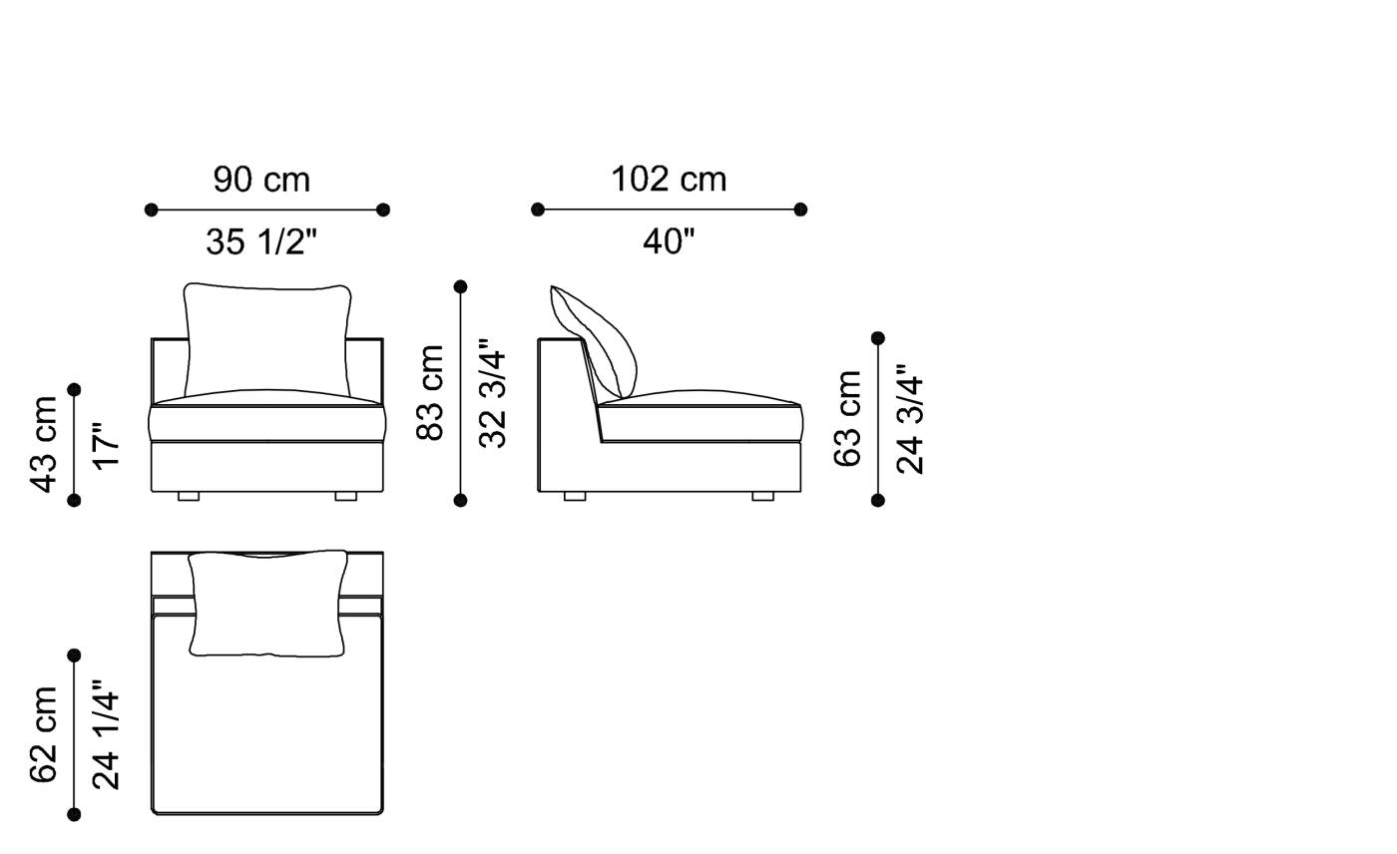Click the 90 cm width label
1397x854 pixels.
tap(261, 180)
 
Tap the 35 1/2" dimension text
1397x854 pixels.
tap(261, 241)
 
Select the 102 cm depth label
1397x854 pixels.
tap(669, 180)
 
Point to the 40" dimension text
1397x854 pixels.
tap(669, 241)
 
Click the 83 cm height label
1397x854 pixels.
tap(430, 392)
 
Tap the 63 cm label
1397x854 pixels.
tap(847, 418)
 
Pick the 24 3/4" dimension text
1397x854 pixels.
tap(911, 418)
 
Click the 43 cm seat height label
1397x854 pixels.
tap(44, 444)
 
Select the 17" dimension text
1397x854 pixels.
tap(107, 446)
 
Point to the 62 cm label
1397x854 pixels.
tap(44, 734)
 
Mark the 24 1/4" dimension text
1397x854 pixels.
tap(107, 734)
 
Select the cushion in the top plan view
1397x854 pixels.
tap(267, 604)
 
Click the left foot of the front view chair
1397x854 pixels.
tap(189, 496)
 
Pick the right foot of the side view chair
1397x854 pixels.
tap(762, 496)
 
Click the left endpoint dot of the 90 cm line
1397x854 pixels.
tap(152, 210)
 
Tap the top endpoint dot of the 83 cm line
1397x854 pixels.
tap(460, 286)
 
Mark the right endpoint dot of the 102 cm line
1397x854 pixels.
tap(800, 210)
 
